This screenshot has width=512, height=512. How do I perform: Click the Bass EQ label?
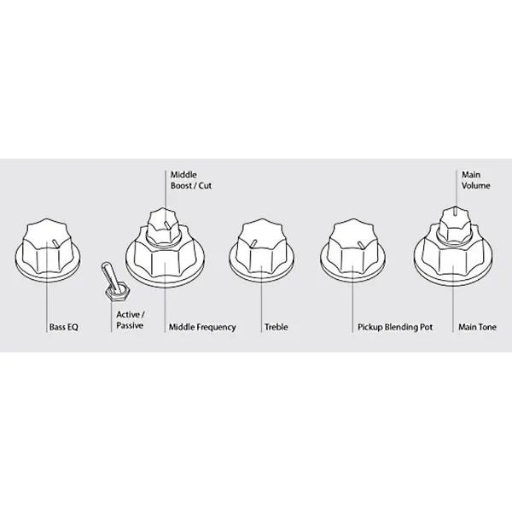coord(64,327)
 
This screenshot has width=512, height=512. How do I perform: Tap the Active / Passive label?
coord(131,320)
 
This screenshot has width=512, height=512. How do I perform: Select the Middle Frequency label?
coord(202,327)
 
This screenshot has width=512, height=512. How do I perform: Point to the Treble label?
coord(276,327)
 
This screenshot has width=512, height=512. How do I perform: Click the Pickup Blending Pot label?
coord(395,327)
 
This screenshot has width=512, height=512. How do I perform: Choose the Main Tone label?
coord(477,327)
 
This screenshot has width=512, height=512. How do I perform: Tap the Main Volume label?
coord(476,180)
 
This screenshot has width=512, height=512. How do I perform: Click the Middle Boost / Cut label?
coord(191,180)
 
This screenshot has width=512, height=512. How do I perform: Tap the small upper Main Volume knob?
coord(455,224)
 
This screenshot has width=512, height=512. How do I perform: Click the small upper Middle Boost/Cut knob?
coord(163,226)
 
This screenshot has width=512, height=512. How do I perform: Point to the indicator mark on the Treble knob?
coord(253,243)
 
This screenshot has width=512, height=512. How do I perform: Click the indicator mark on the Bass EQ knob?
coord(55,243)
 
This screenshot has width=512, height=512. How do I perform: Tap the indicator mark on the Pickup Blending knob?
coord(359,244)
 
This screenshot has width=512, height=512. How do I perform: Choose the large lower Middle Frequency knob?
coord(166,258)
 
